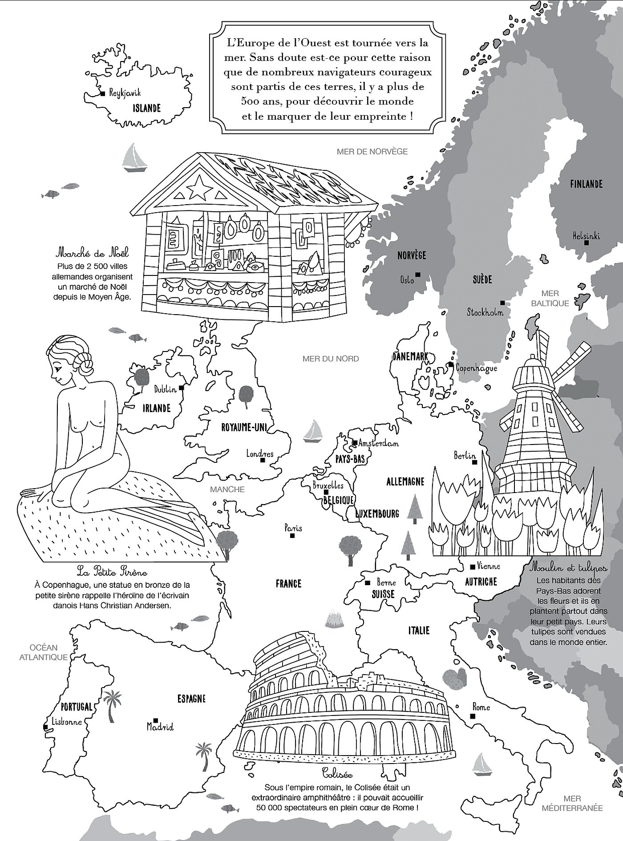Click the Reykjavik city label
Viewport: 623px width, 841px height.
coord(125,93)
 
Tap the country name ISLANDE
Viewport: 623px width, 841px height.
coord(146,108)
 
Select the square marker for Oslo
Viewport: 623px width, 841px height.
coord(417,274)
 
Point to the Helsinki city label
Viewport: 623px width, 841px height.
coord(586,235)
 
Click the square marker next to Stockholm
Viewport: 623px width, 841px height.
coord(502,303)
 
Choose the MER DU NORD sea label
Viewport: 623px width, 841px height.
coord(330,359)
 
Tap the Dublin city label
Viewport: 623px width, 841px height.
coord(165,389)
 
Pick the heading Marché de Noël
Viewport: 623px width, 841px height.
coord(92,254)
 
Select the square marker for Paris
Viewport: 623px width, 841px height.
coord(292,536)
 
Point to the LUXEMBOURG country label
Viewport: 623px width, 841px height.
coord(377,514)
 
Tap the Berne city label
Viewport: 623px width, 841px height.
coord(386,582)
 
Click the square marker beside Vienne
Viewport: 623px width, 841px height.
coord(473,567)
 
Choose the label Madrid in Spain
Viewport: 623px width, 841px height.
coord(160,727)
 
